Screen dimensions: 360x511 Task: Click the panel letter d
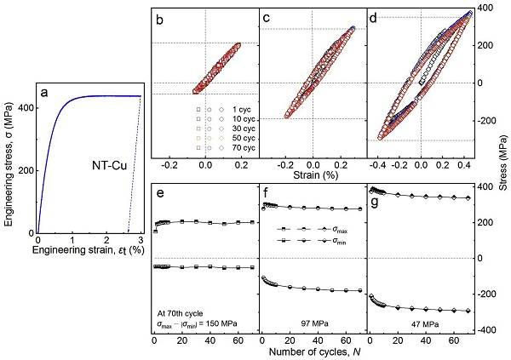pos(376,16)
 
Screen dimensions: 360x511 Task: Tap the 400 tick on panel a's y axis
pos(27,108)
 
